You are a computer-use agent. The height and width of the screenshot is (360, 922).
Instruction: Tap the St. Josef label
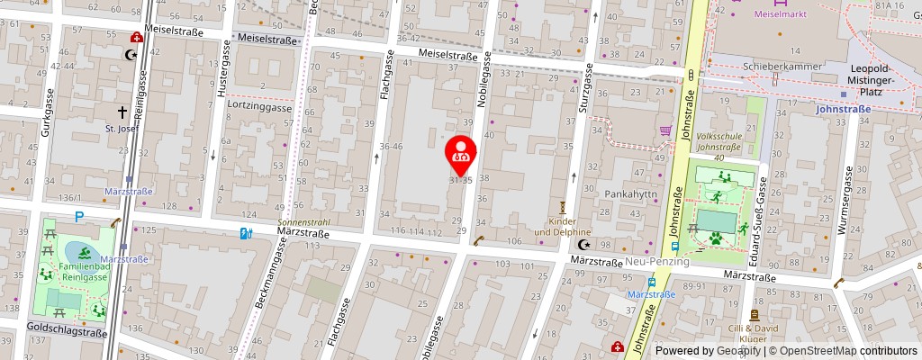pyautogui.click(x=122, y=129)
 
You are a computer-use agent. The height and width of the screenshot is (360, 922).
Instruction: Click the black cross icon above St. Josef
pyautogui.click(x=123, y=112)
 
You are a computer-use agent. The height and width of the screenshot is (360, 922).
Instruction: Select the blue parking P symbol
pyautogui.click(x=79, y=217)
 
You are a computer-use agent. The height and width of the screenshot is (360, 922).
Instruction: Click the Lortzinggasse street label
pyautogui.click(x=260, y=107)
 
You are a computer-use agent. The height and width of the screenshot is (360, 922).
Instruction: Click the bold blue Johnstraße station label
pyautogui.click(x=842, y=109)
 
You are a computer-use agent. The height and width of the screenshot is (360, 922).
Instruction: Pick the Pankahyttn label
pyautogui.click(x=630, y=194)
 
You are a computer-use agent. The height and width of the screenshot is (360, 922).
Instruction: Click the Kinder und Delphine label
pyautogui.click(x=565, y=226)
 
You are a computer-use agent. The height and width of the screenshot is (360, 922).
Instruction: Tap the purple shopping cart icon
pyautogui.click(x=665, y=130)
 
